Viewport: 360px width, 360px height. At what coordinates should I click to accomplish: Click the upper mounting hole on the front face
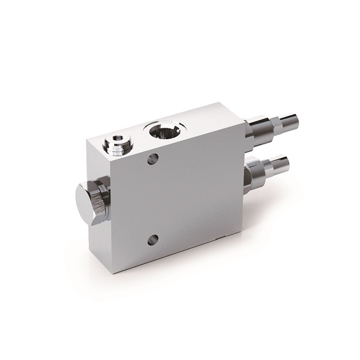(153, 160)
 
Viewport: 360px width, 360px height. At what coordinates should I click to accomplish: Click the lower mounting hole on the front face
(153, 239)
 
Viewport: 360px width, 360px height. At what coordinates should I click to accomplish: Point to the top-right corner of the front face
(245, 122)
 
